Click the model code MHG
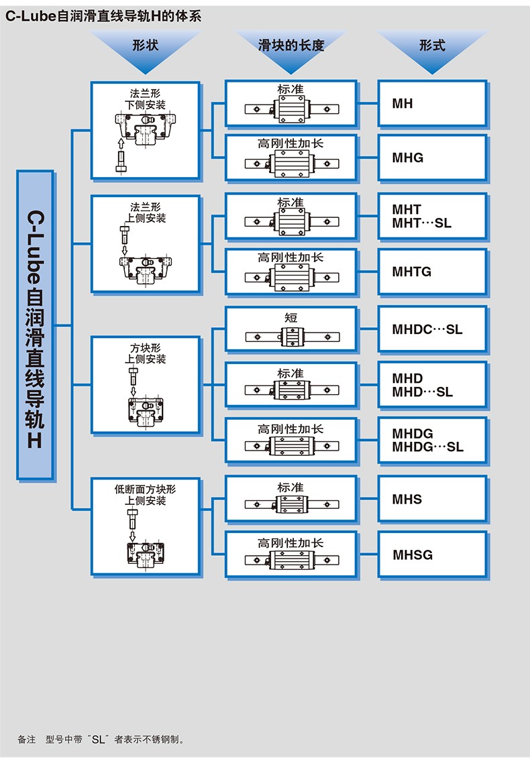(x=408, y=158)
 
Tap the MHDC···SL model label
(x=427, y=329)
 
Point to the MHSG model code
(x=413, y=555)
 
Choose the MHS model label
(x=407, y=500)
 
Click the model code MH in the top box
(x=403, y=104)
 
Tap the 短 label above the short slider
(x=290, y=317)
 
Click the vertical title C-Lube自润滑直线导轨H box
(x=35, y=325)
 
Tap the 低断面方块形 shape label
(x=145, y=489)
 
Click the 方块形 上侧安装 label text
(x=145, y=354)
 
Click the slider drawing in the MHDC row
(x=290, y=335)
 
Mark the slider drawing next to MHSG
(x=290, y=560)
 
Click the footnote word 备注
(x=26, y=740)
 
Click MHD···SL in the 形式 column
(x=423, y=392)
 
